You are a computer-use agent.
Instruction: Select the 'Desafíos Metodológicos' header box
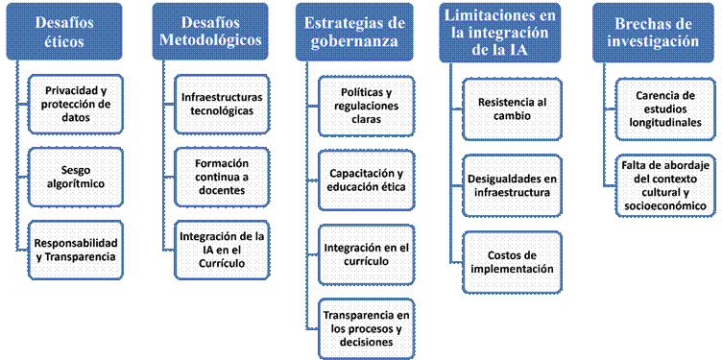coord(210,32)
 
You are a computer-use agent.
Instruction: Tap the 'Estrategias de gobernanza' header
coord(353,32)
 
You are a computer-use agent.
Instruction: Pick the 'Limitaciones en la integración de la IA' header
coord(499,33)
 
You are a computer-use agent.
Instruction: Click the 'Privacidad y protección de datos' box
coord(76,104)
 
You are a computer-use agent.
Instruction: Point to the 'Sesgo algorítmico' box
coord(76,178)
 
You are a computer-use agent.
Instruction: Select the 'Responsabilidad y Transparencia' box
coord(76,250)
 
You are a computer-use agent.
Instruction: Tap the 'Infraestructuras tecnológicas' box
coord(222,104)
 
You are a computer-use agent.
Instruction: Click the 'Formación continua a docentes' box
coord(222,178)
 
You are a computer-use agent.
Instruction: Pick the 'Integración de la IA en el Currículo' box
coord(222,250)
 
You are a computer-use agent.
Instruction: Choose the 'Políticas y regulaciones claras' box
coord(367,106)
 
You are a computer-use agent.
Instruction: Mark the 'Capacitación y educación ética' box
coord(367,180)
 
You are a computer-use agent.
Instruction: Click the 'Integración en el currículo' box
coord(367,254)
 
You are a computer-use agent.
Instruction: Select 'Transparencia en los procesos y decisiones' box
coord(367,328)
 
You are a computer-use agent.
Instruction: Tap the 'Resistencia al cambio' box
coord(512,109)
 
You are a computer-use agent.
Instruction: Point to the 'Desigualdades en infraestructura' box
coord(512,185)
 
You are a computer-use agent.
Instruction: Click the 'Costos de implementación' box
coord(512,262)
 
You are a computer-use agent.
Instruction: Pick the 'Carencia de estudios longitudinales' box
coord(665,109)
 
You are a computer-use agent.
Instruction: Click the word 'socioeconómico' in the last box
coord(665,206)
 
